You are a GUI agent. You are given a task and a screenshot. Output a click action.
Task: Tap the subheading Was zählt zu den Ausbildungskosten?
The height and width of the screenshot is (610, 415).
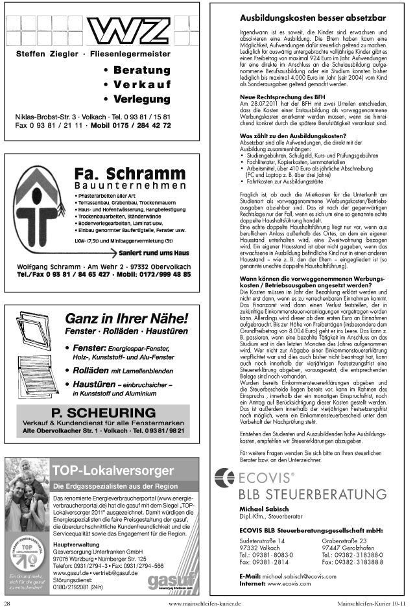292,135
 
